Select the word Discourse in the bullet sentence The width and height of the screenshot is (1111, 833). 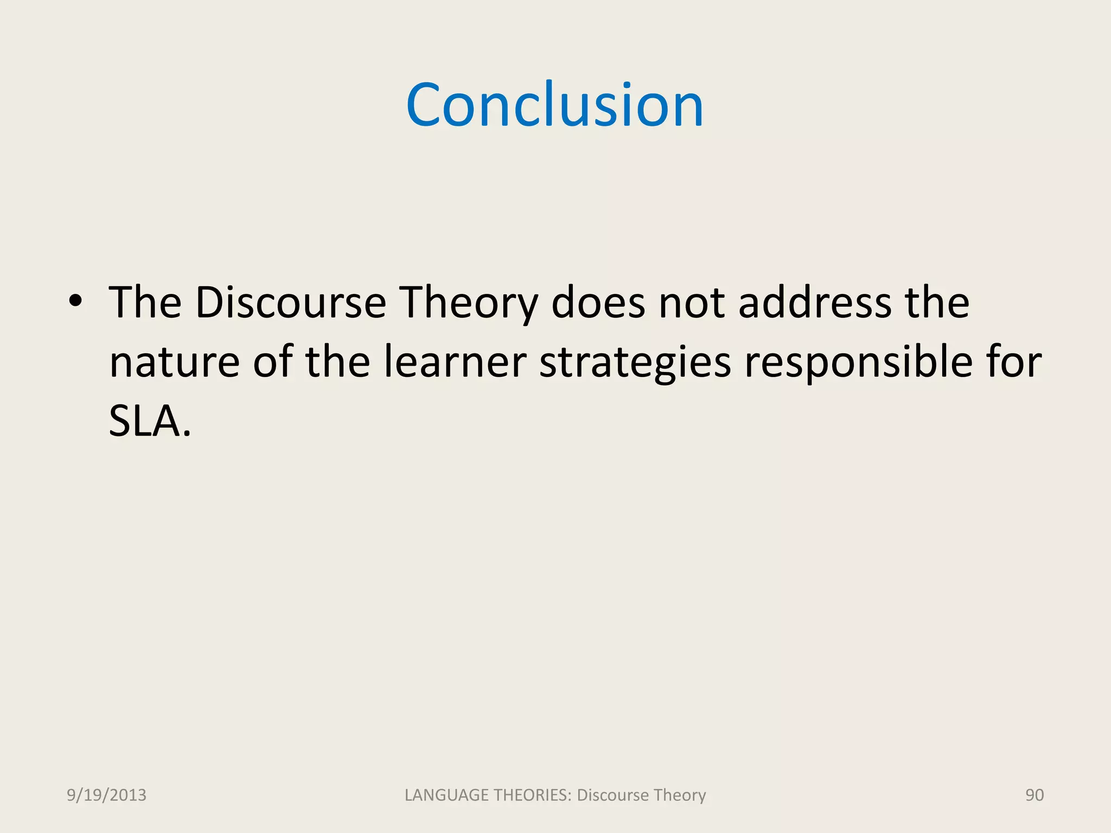pyautogui.click(x=291, y=303)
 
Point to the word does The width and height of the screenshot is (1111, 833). pyautogui.click(x=598, y=303)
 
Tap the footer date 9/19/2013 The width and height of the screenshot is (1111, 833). pyautogui.click(x=106, y=795)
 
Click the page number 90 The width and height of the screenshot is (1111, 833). pyautogui.click(x=1034, y=795)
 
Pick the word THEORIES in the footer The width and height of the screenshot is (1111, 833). pyautogui.click(x=532, y=795)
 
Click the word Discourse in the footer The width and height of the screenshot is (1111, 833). pyautogui.click(x=613, y=795)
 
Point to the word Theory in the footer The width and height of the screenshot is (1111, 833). pyautogui.click(x=680, y=796)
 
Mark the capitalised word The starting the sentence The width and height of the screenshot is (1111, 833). pyautogui.click(x=145, y=303)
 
